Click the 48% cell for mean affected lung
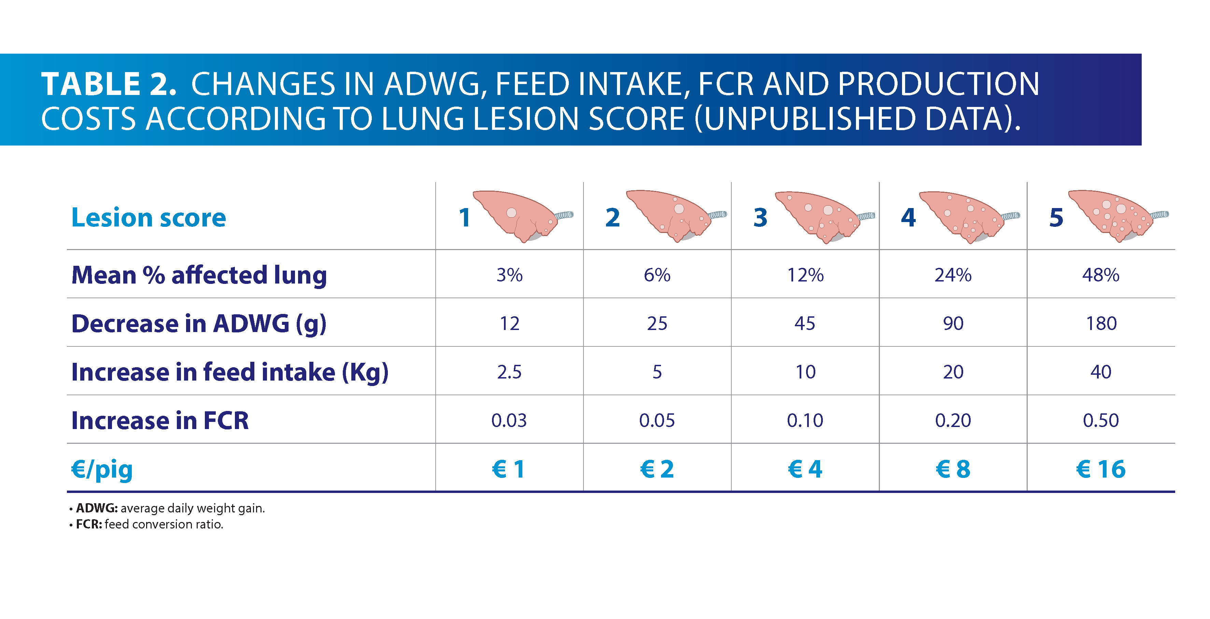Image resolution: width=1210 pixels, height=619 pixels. (x=1100, y=275)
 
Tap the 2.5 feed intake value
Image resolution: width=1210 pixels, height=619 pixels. (x=509, y=372)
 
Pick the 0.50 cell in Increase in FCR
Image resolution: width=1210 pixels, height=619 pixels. (x=1100, y=420)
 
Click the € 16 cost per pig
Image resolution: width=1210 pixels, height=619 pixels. (x=1100, y=469)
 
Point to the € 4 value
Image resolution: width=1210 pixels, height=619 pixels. (x=805, y=469)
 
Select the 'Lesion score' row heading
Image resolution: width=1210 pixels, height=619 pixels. (x=149, y=218)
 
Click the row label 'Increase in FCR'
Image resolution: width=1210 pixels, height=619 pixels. (x=160, y=420)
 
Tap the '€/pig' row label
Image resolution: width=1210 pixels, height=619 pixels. (x=102, y=469)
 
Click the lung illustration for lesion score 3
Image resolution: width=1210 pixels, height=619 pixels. (x=820, y=216)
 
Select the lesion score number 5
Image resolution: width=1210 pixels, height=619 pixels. (x=1056, y=218)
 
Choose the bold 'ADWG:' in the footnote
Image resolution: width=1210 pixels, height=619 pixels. (x=97, y=508)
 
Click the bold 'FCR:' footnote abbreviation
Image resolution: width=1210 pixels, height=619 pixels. (x=89, y=524)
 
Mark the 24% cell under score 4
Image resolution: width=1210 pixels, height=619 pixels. (x=953, y=275)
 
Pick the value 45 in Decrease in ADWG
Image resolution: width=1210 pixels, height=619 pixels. (x=805, y=324)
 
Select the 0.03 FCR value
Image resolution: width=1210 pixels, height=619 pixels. (x=509, y=420)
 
